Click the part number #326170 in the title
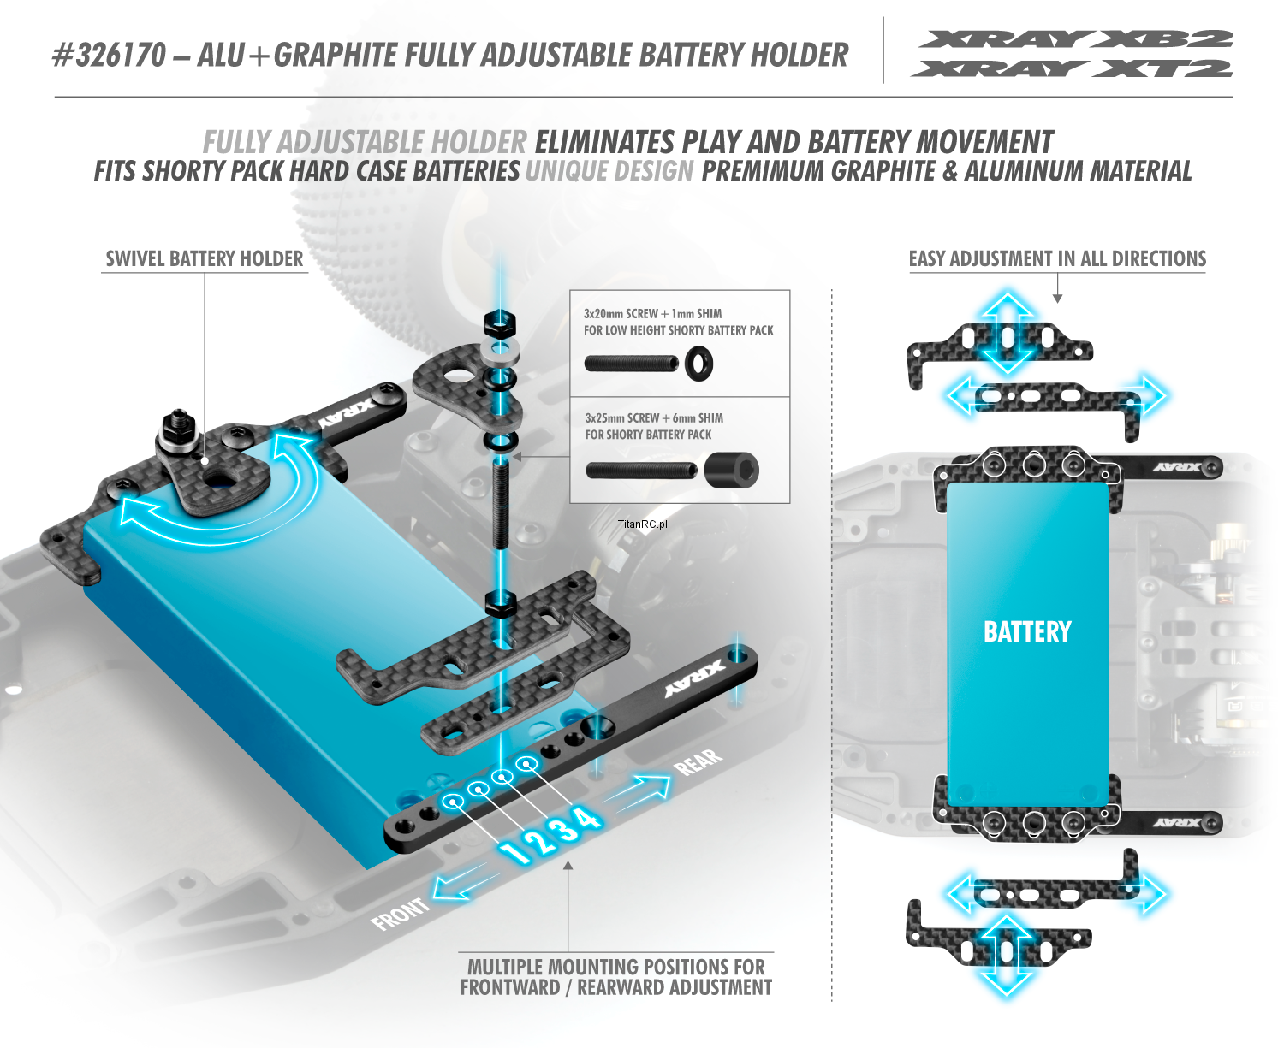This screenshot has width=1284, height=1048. [x=109, y=56]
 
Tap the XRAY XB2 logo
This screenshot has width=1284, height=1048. [x=1074, y=38]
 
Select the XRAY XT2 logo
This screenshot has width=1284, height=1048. [x=1072, y=68]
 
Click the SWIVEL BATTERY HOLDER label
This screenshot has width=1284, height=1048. [x=204, y=259]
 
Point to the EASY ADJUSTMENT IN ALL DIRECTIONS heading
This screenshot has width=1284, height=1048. [x=1057, y=259]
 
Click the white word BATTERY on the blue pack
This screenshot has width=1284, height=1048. [x=1027, y=632]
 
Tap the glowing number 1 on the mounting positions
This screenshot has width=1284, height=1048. [x=515, y=852]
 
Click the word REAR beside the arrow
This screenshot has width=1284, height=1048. [x=698, y=761]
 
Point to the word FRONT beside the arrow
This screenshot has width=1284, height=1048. [x=400, y=913]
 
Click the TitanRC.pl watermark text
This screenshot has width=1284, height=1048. [x=642, y=524]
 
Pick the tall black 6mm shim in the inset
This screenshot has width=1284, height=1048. [x=733, y=470]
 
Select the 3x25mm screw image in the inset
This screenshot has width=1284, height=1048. [x=641, y=471]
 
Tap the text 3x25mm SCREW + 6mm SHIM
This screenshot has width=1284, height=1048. [x=654, y=418]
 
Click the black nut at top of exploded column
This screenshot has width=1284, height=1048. [x=499, y=323]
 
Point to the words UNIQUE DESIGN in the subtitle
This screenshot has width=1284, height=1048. [x=609, y=171]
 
